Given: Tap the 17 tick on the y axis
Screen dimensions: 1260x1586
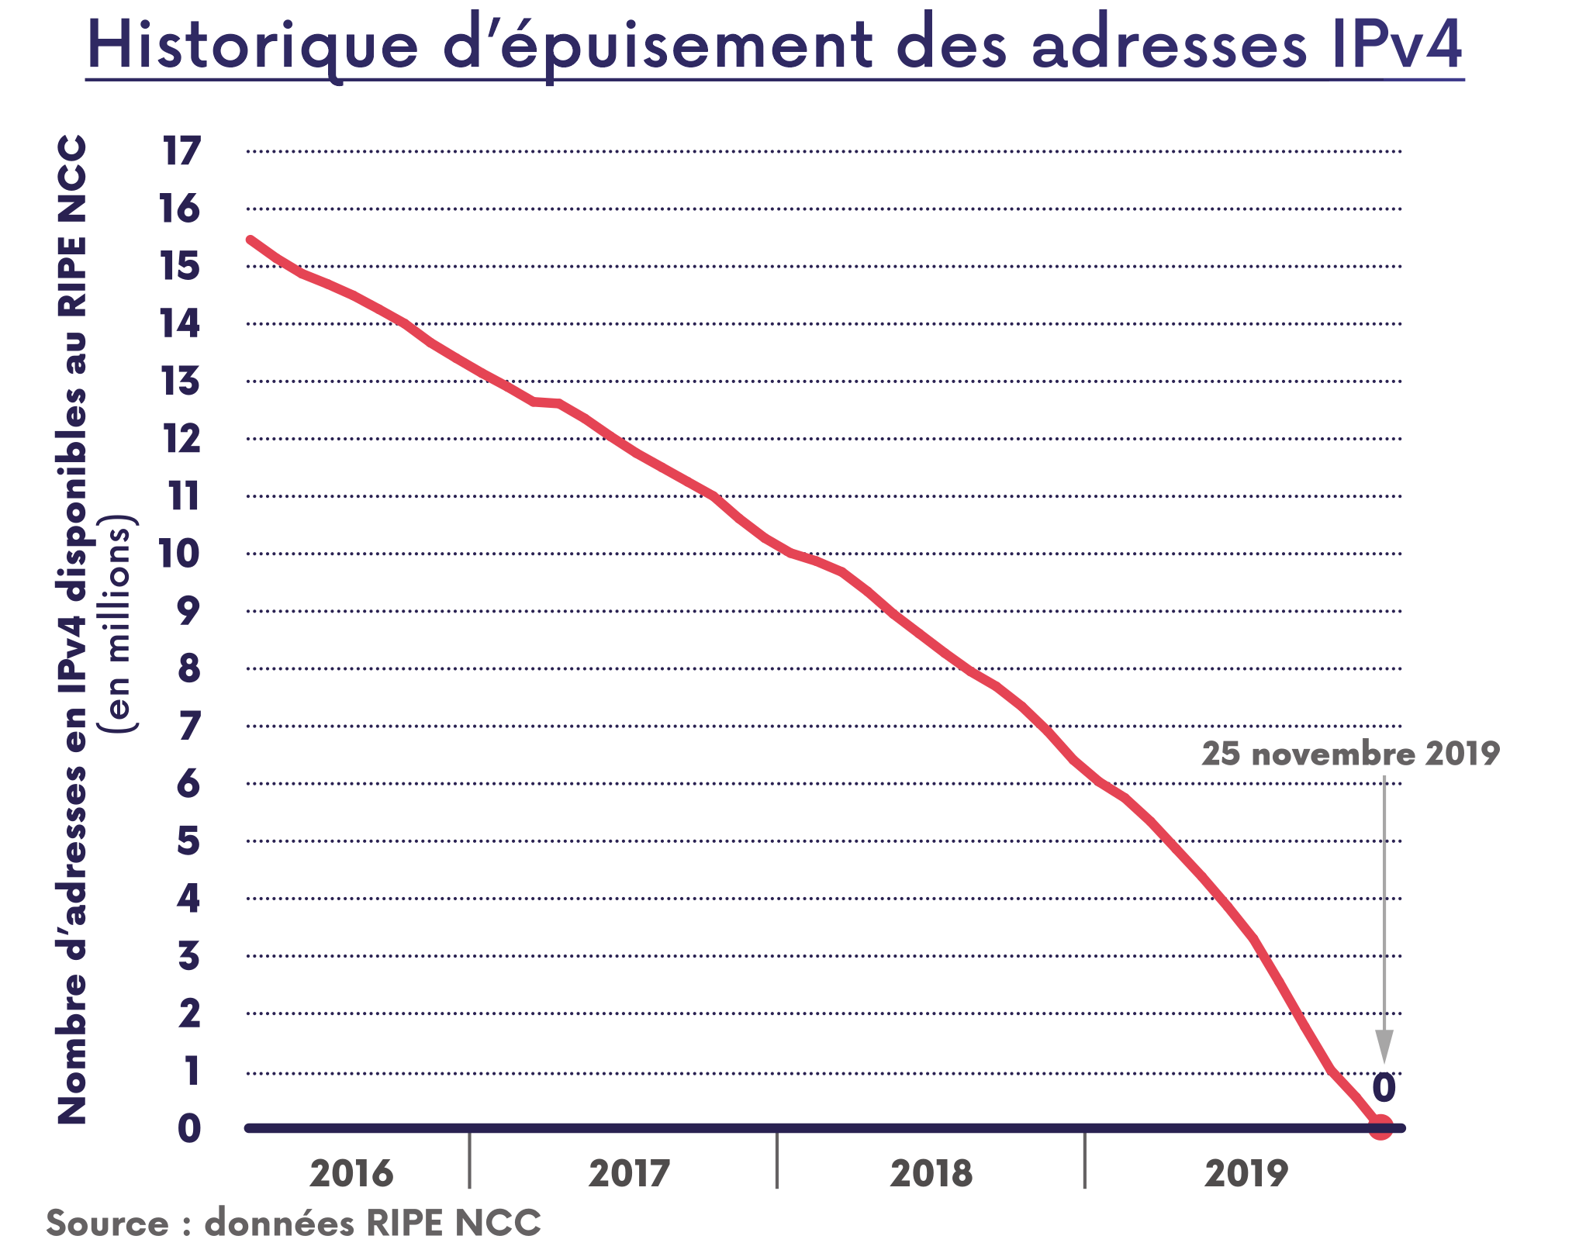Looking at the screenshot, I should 181,151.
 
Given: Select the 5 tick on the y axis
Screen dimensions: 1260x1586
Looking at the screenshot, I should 188,841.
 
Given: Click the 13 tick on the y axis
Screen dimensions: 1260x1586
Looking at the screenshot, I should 181,381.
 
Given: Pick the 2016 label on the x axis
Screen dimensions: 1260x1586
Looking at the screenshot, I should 351,1173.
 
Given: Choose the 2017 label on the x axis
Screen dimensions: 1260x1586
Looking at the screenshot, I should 629,1173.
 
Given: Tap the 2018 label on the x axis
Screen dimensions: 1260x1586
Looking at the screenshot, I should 931,1173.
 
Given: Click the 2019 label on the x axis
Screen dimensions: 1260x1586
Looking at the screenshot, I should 1246,1173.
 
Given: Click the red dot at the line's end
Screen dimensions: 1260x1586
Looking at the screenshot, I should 1380,1127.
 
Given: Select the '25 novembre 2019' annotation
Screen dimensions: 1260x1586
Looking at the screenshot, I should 1350,754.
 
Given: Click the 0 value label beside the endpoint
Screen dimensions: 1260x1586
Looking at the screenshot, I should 1384,1088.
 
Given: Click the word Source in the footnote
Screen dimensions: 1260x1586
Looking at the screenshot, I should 107,1224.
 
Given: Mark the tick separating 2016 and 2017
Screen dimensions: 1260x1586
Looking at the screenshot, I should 469,1159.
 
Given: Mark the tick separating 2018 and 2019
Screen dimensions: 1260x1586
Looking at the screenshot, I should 1084,1159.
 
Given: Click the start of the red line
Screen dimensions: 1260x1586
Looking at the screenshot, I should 250,240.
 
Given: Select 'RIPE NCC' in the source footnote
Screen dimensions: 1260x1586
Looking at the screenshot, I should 453,1224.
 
